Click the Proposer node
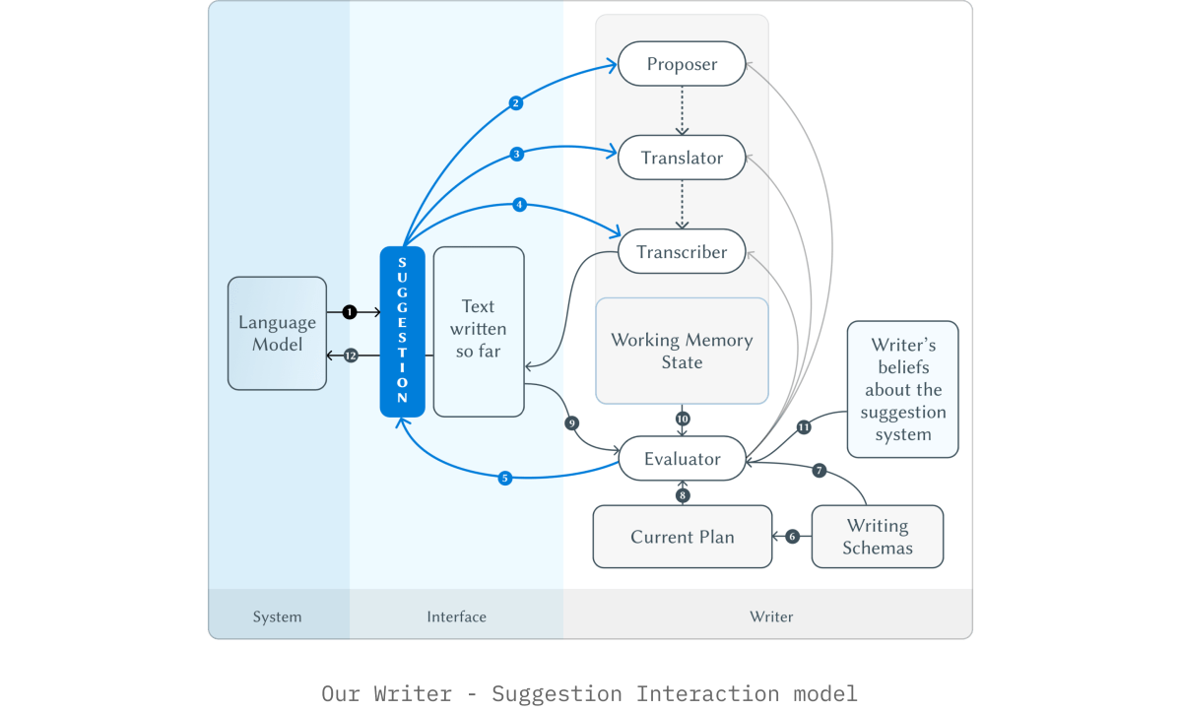click(682, 64)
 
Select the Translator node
click(682, 158)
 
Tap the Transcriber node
click(682, 251)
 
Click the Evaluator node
click(682, 458)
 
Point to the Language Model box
click(277, 334)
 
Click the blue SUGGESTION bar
click(402, 331)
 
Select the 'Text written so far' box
click(479, 331)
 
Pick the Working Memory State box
click(682, 351)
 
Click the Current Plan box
click(683, 537)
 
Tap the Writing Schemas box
click(878, 537)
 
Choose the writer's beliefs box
click(903, 389)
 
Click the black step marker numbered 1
click(350, 311)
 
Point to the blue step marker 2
click(516, 103)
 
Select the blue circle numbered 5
click(505, 478)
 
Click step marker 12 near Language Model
click(351, 356)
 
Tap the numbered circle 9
click(572, 423)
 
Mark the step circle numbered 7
click(820, 471)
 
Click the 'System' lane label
click(277, 616)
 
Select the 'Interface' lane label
click(456, 616)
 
